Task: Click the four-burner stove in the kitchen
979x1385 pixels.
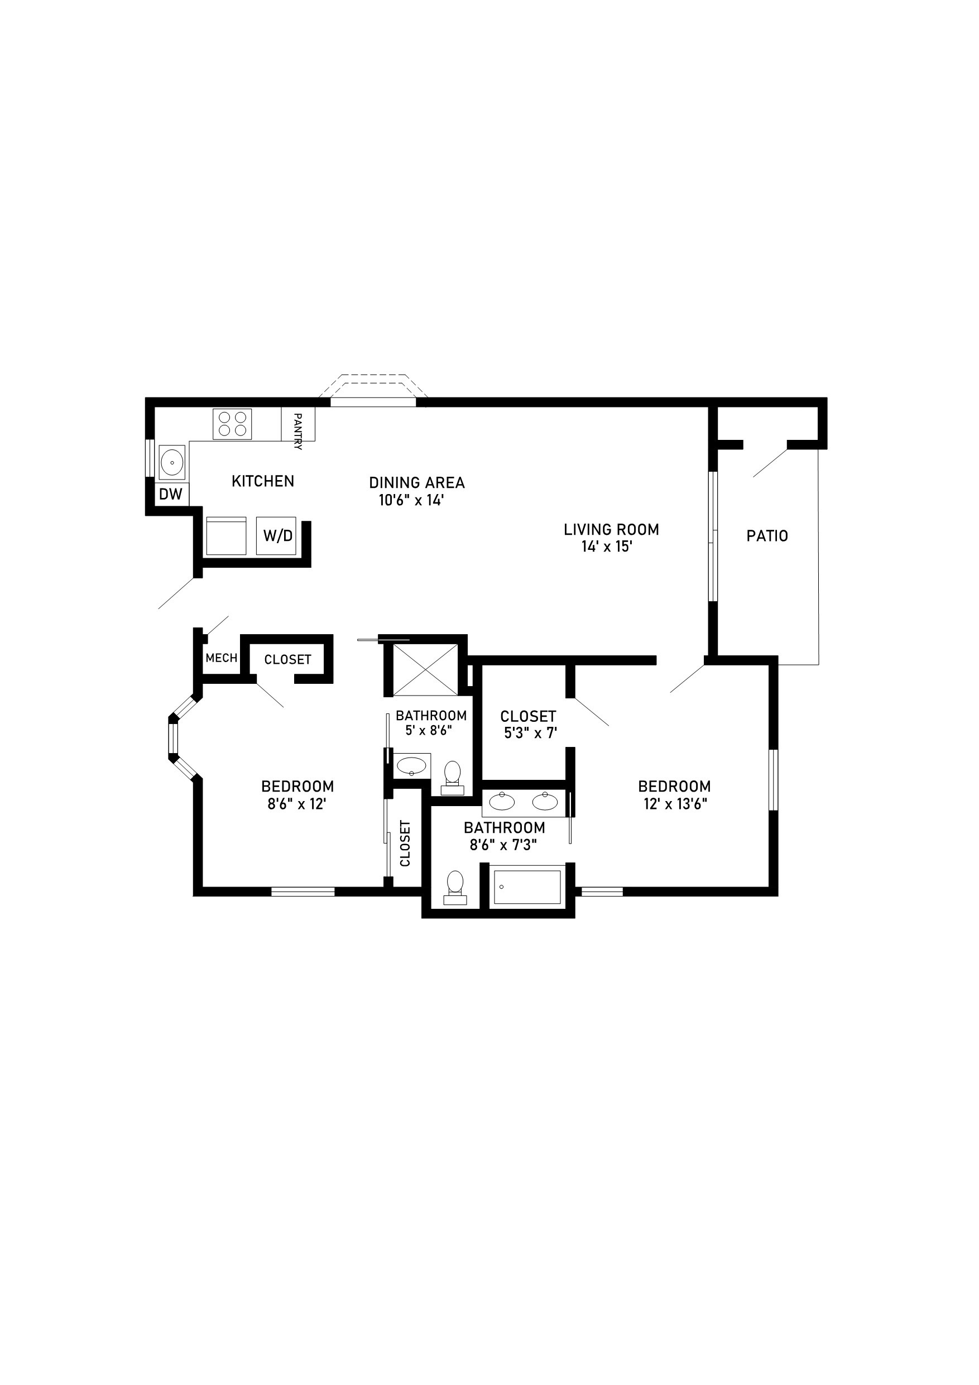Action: point(232,424)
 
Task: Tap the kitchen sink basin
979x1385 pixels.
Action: point(172,463)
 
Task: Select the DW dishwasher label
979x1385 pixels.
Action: point(171,495)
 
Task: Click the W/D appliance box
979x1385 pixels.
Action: point(276,536)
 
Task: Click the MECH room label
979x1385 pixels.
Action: point(222,658)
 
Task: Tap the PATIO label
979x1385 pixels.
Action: point(767,536)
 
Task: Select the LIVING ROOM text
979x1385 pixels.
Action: point(612,530)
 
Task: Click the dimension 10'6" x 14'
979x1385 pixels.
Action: point(411,500)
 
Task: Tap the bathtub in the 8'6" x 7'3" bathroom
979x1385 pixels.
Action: point(527,886)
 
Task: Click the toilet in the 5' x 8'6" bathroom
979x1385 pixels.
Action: point(453,778)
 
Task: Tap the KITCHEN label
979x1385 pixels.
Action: point(263,481)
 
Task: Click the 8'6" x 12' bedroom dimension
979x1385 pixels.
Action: point(297,803)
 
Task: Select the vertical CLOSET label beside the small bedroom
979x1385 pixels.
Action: point(405,844)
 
